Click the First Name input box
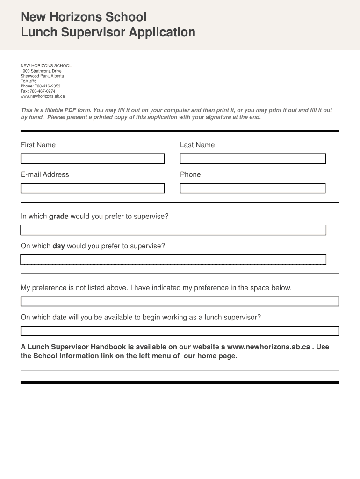click(92, 159)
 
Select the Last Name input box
click(252, 159)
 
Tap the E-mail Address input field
click(92, 188)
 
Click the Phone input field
click(252, 188)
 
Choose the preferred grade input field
click(173, 230)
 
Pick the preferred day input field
click(173, 260)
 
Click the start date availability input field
click(180, 331)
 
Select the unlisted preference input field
click(180, 301)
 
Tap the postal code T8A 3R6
click(28, 81)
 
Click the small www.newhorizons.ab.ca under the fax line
click(43, 96)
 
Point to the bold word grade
click(59, 217)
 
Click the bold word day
click(58, 246)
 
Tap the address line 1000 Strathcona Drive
click(41, 71)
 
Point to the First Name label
click(38, 145)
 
